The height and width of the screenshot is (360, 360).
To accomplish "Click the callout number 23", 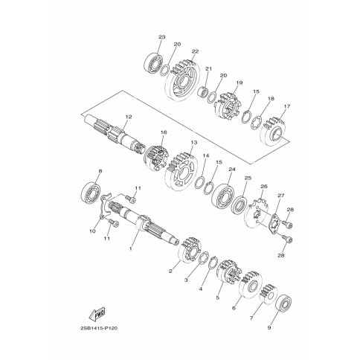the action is click(161, 37).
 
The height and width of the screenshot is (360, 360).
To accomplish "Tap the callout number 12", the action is click(129, 117).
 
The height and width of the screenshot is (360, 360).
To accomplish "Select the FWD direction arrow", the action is click(97, 314).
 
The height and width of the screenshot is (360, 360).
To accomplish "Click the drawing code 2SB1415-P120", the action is click(99, 328).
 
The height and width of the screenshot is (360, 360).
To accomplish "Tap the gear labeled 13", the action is click(181, 172).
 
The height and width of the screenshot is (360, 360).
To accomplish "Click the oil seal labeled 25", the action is click(239, 205).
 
